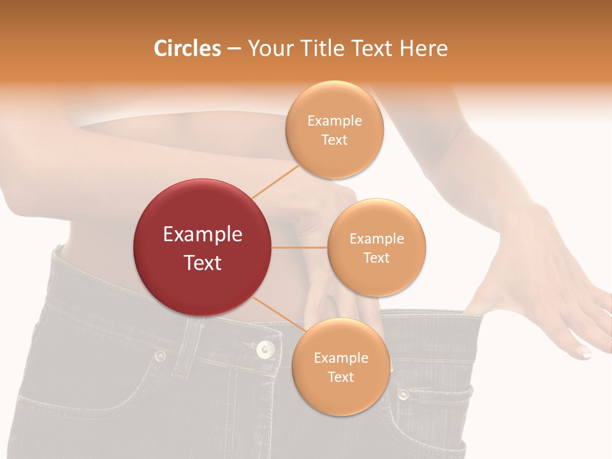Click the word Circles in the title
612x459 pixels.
click(187, 48)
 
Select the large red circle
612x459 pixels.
click(203, 247)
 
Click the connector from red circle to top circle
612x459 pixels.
click(275, 181)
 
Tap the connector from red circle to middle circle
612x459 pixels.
click(300, 247)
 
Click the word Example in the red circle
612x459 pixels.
click(203, 235)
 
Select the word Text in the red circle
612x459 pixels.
click(203, 263)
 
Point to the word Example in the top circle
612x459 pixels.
click(334, 121)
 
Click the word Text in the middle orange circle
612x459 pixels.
click(376, 258)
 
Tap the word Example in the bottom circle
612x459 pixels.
click(340, 358)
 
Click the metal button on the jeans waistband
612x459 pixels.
click(265, 349)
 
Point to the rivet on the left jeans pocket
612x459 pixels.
click(160, 356)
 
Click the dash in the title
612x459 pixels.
click(234, 49)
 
